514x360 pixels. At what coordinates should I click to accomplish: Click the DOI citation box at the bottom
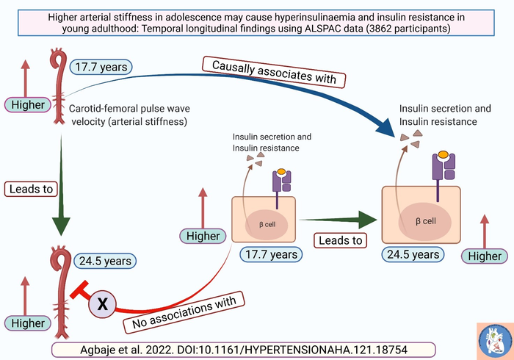[245, 349]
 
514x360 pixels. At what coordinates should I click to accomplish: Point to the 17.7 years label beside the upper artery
[101, 67]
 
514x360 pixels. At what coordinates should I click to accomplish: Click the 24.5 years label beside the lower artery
[105, 260]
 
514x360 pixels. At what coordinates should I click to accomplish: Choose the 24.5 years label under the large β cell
[413, 254]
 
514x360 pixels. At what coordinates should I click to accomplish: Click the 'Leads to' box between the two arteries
[32, 189]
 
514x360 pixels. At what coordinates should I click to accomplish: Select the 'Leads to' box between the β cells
[340, 240]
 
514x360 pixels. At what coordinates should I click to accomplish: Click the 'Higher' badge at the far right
[484, 256]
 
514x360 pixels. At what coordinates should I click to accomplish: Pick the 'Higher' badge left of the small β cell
[203, 236]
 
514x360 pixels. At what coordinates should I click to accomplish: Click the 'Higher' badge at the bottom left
[28, 323]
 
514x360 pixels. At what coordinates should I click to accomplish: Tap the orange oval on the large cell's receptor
[443, 156]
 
